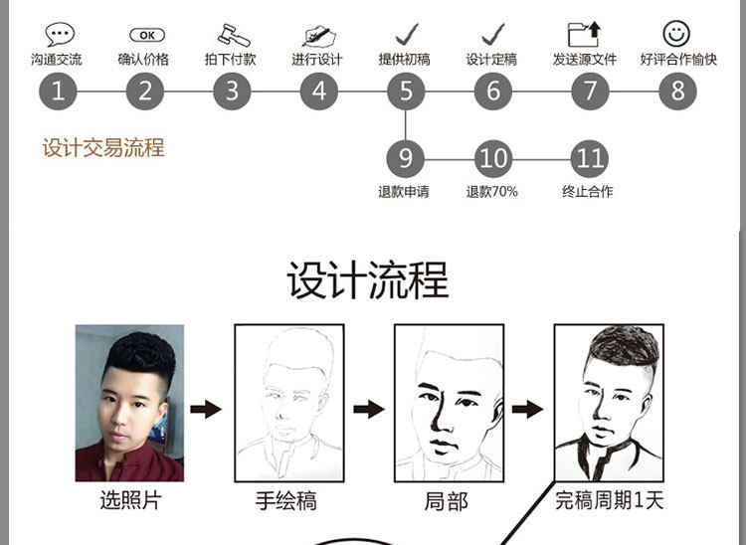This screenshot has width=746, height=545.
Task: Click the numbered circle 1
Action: click(58, 91)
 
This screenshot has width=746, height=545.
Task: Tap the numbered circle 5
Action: click(406, 91)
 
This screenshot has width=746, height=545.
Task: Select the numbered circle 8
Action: click(677, 91)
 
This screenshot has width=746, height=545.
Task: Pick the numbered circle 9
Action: click(406, 158)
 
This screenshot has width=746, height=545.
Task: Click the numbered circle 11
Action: click(590, 158)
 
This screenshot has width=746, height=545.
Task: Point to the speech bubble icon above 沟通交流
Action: click(59, 34)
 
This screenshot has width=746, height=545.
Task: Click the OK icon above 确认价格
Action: click(146, 35)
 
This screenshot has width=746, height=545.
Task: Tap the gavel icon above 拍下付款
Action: click(232, 34)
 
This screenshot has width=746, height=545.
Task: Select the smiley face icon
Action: click(676, 33)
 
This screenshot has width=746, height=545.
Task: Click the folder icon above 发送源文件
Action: click(589, 34)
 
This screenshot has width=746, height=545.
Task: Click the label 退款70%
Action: click(491, 191)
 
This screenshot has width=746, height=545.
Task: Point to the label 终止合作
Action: click(588, 191)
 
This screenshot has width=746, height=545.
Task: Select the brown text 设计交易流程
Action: click(103, 149)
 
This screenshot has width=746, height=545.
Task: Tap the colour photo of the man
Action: click(129, 403)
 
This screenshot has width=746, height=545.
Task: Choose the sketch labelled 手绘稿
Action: click(288, 403)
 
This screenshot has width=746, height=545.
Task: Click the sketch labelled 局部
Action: click(449, 403)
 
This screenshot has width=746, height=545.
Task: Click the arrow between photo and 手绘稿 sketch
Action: click(206, 409)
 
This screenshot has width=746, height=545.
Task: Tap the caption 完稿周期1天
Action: click(609, 500)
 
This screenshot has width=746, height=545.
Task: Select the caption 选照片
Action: click(129, 500)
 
